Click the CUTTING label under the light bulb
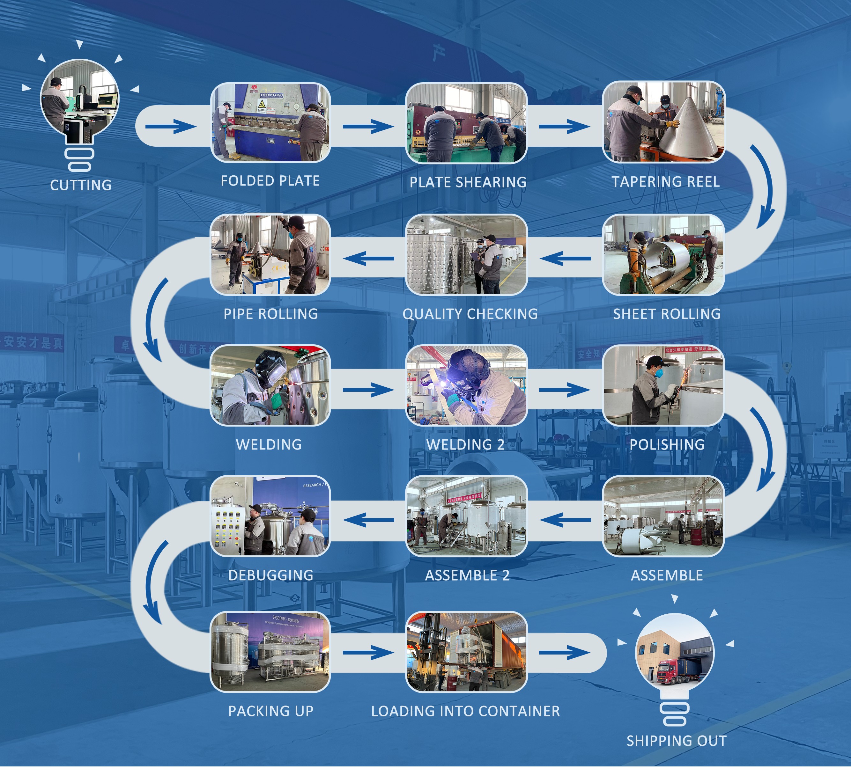pos(80,185)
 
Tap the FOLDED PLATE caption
pos(270,181)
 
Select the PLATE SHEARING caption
pos(468,182)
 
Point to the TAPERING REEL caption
pos(665,182)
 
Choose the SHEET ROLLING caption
pos(667,314)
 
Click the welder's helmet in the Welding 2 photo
pos(466,367)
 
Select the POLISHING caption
pos(667,444)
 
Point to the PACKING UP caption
pos(270,711)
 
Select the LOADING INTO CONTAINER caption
pos(465,711)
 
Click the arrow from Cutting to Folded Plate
pos(171,126)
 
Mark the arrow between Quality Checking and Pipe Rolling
pos(368,258)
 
